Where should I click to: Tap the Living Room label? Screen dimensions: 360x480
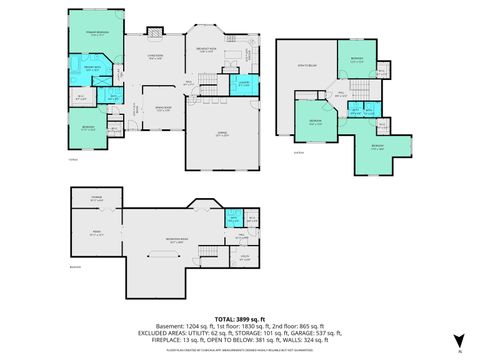(x=155, y=57)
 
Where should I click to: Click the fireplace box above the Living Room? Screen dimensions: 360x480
(x=154, y=32)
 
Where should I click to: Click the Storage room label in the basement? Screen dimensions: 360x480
(x=97, y=199)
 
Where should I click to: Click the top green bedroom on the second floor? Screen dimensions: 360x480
(x=357, y=61)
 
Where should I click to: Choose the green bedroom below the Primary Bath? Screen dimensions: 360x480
(x=88, y=129)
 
